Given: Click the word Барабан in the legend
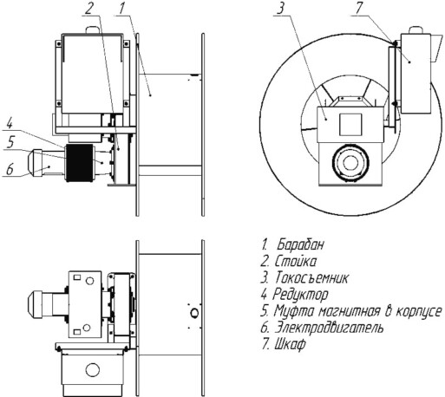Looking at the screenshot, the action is pyautogui.click(x=300, y=244).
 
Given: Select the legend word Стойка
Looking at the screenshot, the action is pyautogui.click(x=295, y=261).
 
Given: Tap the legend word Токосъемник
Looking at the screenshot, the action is pyautogui.click(x=311, y=277).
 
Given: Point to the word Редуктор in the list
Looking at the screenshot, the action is pyautogui.click(x=300, y=295).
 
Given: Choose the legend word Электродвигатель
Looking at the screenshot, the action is pyautogui.click(x=329, y=328).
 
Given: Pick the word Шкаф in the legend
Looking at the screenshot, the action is pyautogui.click(x=290, y=344).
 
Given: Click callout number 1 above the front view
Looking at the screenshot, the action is pyautogui.click(x=122, y=9).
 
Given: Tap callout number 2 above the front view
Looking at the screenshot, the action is pyautogui.click(x=88, y=8).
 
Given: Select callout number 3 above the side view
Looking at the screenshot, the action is pyautogui.click(x=280, y=8).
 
